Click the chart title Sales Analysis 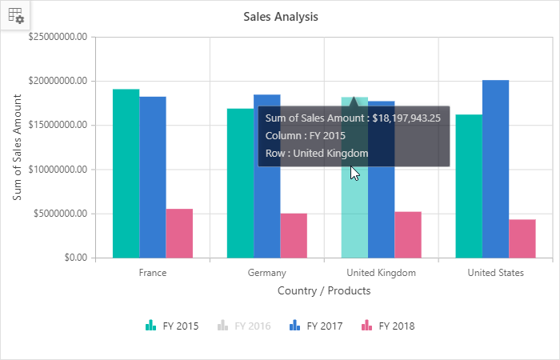281,16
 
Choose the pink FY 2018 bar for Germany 294,236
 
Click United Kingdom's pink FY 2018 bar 408,235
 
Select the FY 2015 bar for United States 469,186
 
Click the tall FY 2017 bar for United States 495,169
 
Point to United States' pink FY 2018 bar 522,238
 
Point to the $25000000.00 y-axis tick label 58,37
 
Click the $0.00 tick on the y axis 72,258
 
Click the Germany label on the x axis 266,273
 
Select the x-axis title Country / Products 324,291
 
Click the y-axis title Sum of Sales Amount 18,147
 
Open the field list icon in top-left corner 15,15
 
